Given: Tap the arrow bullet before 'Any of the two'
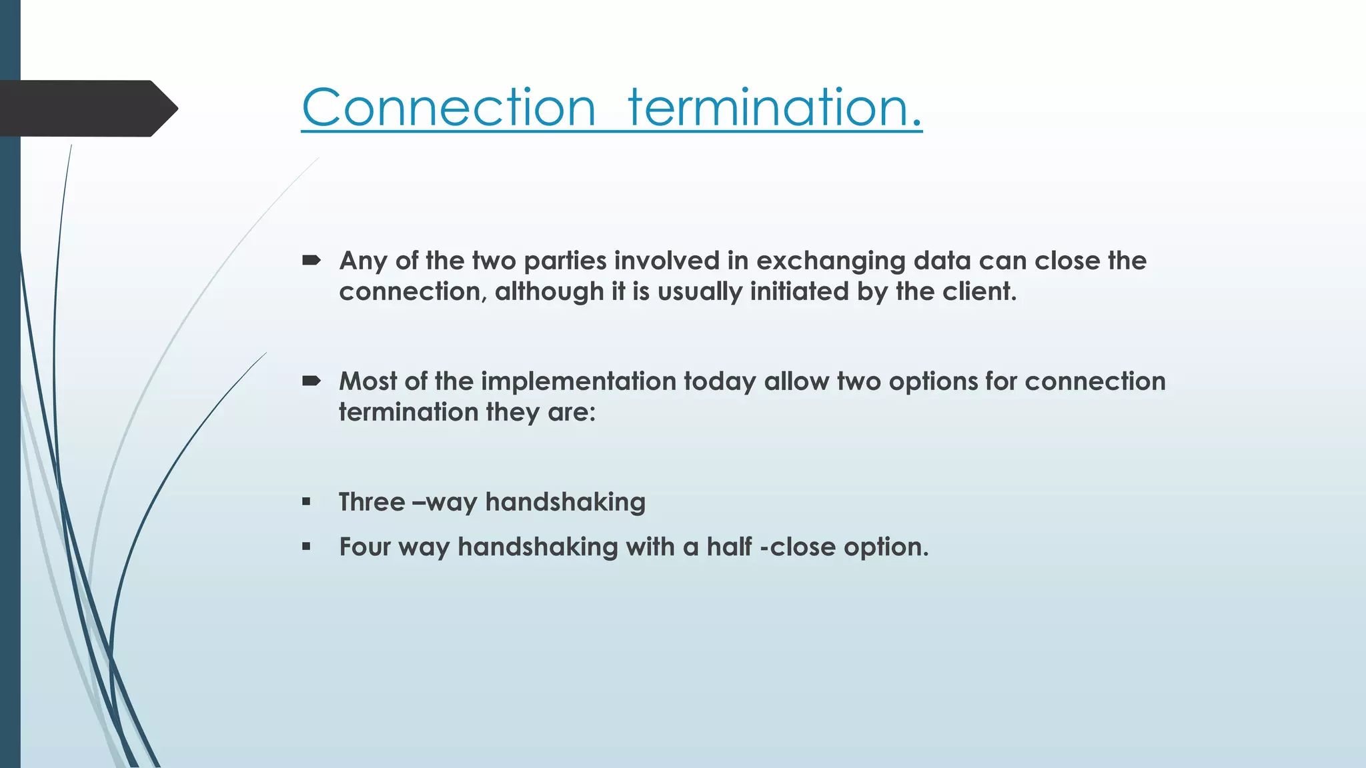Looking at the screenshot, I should tap(311, 261).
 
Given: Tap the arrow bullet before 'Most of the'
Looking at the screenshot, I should tap(311, 381).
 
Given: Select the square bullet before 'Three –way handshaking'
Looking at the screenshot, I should tap(306, 502).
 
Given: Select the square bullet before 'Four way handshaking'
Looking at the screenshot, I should tap(306, 547).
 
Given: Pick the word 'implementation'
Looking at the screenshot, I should tap(578, 382).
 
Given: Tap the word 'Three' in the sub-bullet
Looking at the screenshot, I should tap(372, 502).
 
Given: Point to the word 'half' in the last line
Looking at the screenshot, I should tap(729, 547).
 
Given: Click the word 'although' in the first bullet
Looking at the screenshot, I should tap(549, 292).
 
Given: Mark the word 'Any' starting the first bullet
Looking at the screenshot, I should tap(363, 261).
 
